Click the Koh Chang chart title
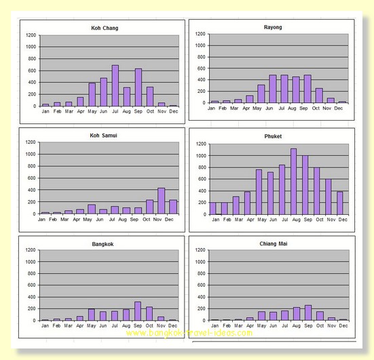105,28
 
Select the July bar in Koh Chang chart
115,85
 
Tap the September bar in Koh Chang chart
138,87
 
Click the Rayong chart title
273,27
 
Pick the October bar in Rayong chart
319,96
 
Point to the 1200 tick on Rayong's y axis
200,34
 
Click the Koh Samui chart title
103,136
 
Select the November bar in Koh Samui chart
162,201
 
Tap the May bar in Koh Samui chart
92,209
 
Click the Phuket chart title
273,136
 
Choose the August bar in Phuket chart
294,182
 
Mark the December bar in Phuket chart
340,203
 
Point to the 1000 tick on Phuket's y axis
201,155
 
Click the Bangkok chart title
102,244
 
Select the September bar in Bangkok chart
138,311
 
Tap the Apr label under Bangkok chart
79,325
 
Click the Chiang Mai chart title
274,243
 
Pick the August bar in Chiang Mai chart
297,314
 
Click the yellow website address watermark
189,333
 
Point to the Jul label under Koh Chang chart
115,111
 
